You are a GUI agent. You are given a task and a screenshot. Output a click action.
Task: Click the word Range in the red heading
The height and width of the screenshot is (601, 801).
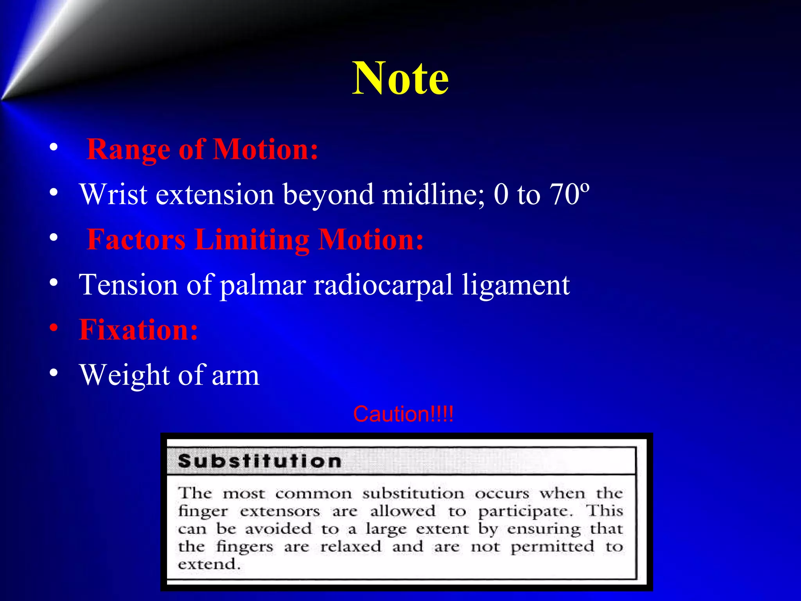tap(128, 150)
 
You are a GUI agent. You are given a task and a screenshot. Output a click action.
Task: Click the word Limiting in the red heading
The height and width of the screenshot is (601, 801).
tap(253, 240)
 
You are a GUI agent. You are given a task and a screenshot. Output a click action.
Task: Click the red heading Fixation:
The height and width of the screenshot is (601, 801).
tap(138, 330)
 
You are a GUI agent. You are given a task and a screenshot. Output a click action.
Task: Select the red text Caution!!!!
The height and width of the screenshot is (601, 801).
tap(403, 414)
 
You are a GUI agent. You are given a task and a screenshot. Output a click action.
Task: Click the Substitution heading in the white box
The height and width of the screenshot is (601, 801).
tap(260, 461)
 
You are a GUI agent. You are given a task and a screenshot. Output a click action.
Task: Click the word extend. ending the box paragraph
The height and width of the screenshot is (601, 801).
tap(209, 565)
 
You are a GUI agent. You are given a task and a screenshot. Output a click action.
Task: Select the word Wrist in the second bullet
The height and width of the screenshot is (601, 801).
tap(113, 194)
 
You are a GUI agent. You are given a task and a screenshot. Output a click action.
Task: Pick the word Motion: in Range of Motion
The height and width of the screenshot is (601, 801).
tap(266, 150)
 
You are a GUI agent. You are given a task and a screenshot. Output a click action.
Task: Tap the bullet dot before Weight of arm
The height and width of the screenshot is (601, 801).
tap(54, 372)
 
